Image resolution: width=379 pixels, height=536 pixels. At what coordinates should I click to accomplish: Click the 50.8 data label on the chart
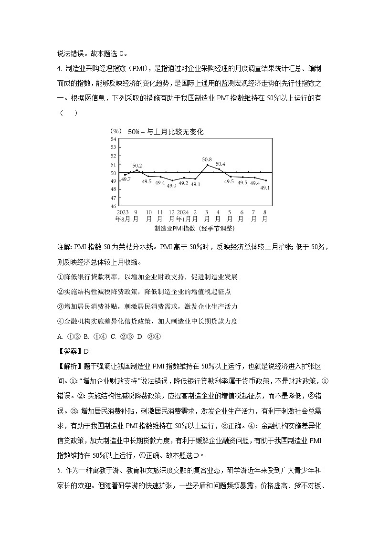point(207,159)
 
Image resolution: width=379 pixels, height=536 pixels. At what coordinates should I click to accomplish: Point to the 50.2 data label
point(137,165)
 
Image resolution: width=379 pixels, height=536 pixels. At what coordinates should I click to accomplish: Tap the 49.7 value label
point(126,179)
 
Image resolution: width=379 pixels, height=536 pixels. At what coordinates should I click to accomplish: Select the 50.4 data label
point(221,164)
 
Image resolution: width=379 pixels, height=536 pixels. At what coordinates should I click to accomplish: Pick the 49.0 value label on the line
point(171,186)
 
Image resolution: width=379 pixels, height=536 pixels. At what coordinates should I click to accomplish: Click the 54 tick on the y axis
point(113,139)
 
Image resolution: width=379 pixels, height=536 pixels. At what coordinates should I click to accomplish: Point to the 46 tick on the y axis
point(113,206)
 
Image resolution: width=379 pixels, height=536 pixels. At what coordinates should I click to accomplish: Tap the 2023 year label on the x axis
point(123,212)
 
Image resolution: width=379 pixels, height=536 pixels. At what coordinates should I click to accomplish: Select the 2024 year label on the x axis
point(183,212)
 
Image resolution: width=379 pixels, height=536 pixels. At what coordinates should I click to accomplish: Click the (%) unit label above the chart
point(116,131)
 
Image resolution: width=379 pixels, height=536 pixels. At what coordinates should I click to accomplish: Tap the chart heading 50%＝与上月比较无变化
point(165,132)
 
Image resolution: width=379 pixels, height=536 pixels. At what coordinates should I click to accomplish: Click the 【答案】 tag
point(70,352)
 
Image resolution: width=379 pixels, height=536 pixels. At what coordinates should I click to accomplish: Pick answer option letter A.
point(60,336)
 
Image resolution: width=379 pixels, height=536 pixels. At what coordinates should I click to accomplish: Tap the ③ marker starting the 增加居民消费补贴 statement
point(60,306)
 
